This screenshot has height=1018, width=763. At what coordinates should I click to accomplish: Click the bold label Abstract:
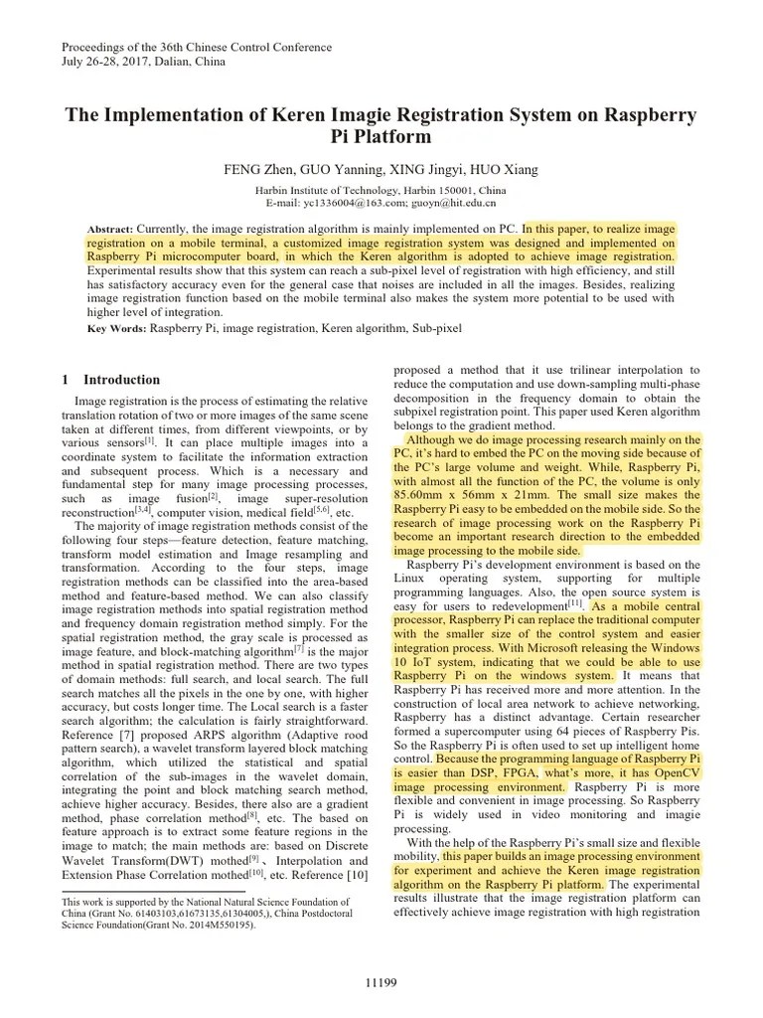point(109,228)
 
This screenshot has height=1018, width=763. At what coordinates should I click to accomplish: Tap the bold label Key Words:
point(117,328)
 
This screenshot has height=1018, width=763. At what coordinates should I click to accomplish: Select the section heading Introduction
point(121,380)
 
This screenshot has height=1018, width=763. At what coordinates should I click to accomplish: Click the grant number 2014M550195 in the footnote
point(218,925)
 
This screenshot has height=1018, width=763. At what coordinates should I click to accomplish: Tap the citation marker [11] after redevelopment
point(575,601)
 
